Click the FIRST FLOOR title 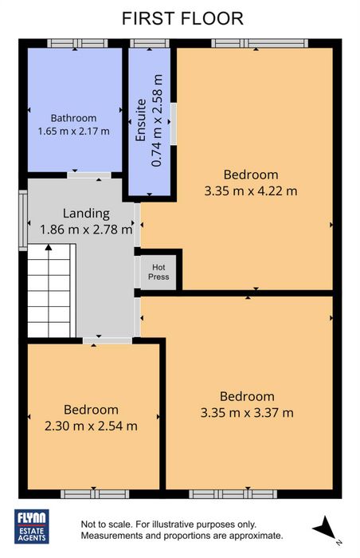pyautogui.click(x=182, y=18)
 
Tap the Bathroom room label pyautogui.click(x=73, y=118)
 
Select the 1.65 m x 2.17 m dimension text pyautogui.click(x=73, y=131)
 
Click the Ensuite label pyautogui.click(x=141, y=120)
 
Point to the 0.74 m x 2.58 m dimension pyautogui.click(x=157, y=120)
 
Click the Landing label pyautogui.click(x=86, y=214)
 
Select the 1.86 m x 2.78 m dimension pyautogui.click(x=86, y=230)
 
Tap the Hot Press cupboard pyautogui.click(x=158, y=272)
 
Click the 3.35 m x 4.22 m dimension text pyautogui.click(x=251, y=191)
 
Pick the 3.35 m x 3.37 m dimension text pyautogui.click(x=247, y=413)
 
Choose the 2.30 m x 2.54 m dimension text pyautogui.click(x=91, y=426)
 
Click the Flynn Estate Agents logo pyautogui.click(x=32, y=526)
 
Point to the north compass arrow pyautogui.click(x=323, y=528)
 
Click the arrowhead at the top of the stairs pyautogui.click(x=49, y=247)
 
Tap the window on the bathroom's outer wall pyautogui.click(x=77, y=43)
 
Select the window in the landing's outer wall pyautogui.click(x=23, y=220)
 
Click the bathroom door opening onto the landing pyautogui.click(x=89, y=175)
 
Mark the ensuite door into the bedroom pyautogui.click(x=174, y=124)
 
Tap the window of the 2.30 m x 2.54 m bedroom pyautogui.click(x=95, y=494)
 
